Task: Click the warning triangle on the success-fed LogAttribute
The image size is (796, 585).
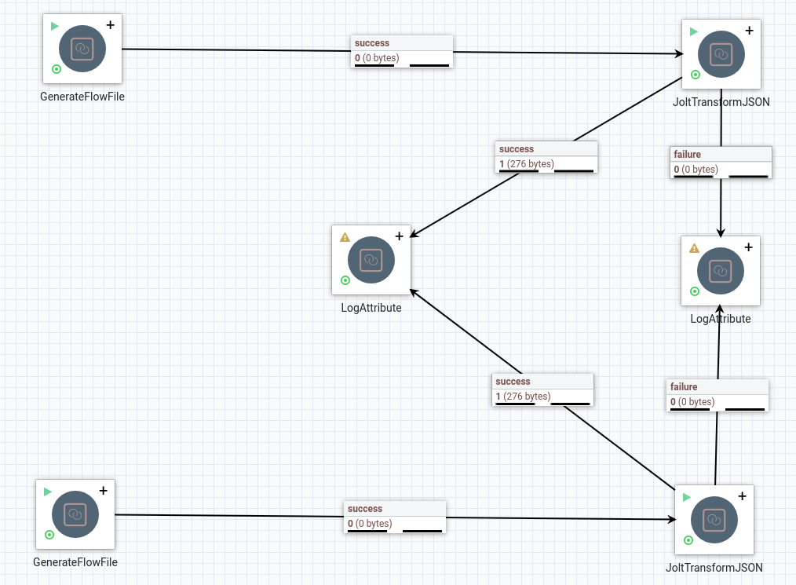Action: pos(345,236)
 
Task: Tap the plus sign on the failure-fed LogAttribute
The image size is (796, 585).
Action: pos(748,247)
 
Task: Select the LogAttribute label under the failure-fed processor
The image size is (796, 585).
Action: pos(720,319)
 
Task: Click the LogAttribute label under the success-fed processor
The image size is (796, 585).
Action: pos(371,308)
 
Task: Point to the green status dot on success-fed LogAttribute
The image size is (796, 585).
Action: pos(345,280)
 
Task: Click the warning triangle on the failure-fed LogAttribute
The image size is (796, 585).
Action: pos(694,248)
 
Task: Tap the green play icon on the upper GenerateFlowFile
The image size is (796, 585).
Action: pos(55,26)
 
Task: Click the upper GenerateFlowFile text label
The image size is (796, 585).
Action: pos(82,97)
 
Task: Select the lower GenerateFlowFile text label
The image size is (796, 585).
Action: pos(75,562)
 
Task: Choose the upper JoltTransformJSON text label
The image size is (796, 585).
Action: pos(721,102)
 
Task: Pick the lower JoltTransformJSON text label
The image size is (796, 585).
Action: pos(714,568)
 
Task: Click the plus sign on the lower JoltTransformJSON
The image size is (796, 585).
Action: pos(742,495)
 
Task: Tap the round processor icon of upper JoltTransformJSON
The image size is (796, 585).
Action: pos(721,54)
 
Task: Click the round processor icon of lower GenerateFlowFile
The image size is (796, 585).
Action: pos(75,514)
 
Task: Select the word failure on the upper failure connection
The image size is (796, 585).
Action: pos(687,155)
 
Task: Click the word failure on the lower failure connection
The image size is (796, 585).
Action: pos(684,387)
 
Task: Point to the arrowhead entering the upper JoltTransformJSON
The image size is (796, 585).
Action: pos(679,54)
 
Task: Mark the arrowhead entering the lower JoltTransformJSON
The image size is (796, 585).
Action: pos(672,520)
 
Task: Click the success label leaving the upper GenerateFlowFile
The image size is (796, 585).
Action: pos(372,43)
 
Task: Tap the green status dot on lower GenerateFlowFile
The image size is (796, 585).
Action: pos(49,535)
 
